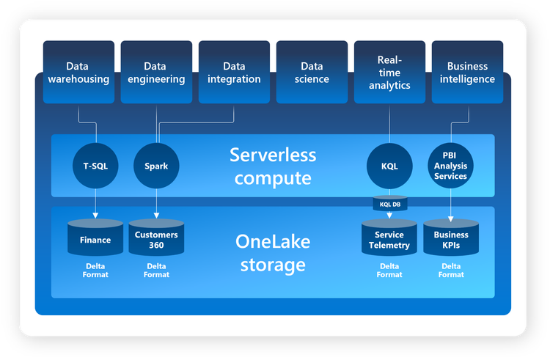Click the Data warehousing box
tap(77, 72)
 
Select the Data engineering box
tap(155, 72)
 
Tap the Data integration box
tap(234, 72)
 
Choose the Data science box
tap(312, 72)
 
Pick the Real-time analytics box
tap(389, 72)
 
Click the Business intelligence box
tap(467, 72)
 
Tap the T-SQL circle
tap(95, 166)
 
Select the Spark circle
tap(156, 166)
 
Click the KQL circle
tap(389, 166)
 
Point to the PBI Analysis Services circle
tap(450, 166)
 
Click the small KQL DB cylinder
tap(389, 204)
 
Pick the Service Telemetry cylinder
tap(389, 238)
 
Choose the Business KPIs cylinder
tap(451, 238)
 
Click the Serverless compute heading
tap(273, 166)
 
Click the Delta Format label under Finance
tap(95, 270)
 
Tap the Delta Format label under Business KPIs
tap(451, 270)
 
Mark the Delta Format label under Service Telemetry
tap(389, 270)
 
